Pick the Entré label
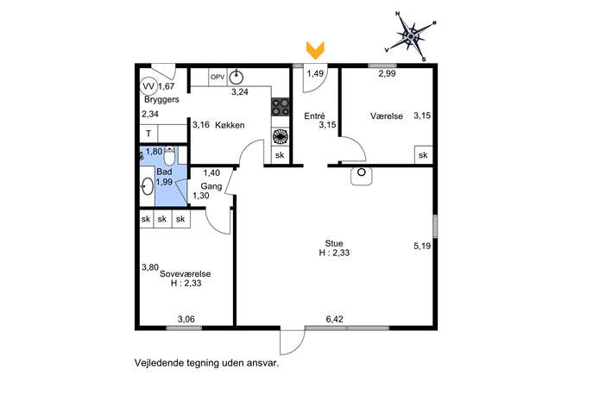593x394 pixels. pos(315,115)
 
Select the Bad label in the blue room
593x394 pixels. pos(163,172)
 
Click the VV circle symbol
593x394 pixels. pos(148,86)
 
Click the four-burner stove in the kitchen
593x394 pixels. pos(281,108)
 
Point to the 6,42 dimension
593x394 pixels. pos(335,320)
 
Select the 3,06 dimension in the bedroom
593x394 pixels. pos(186,320)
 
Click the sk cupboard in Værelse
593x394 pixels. pos(422,155)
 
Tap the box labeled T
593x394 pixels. pos(148,134)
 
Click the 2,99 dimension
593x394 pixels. pos(388,73)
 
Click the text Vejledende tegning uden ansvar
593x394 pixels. pos(207,363)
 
